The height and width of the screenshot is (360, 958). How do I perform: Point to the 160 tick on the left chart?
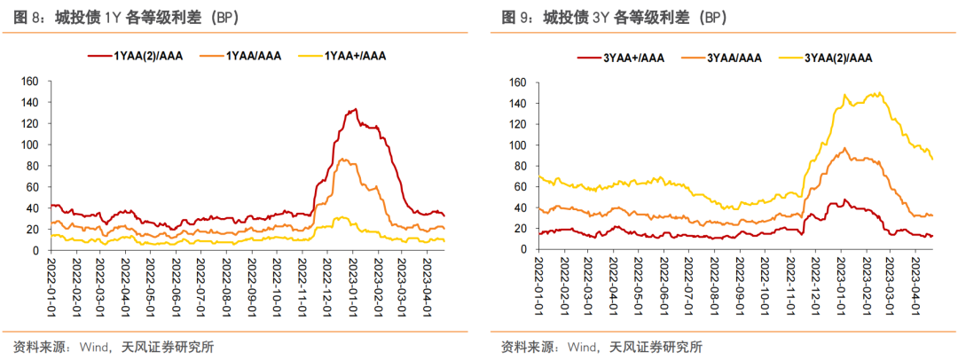pos(30,82)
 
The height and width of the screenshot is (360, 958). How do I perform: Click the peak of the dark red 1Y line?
pos(355,109)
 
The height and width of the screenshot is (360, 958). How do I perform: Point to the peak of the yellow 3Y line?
pos(878,92)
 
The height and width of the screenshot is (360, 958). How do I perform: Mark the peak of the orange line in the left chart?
pos(344,160)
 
